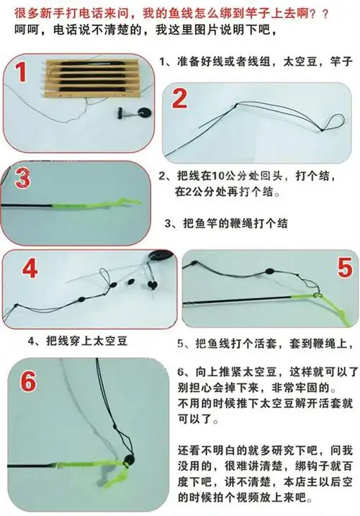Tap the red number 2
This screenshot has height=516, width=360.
[x=180, y=99]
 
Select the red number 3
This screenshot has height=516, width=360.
[x=22, y=178]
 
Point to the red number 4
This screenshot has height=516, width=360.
[x=29, y=269]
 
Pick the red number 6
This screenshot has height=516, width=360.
[x=27, y=382]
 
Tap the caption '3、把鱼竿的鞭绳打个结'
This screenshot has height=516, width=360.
[x=226, y=223]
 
